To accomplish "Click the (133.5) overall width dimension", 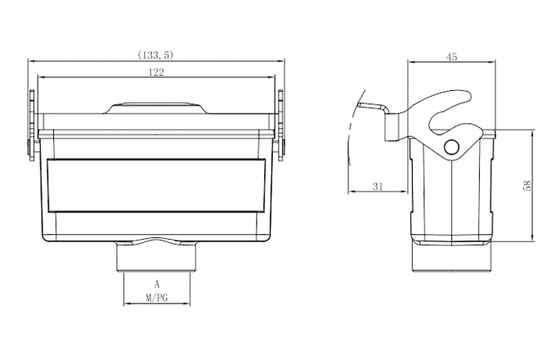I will (156, 55).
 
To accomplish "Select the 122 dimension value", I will (156, 73).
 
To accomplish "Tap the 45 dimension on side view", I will (451, 56).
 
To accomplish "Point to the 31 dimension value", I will (377, 187).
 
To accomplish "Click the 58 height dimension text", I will (527, 187).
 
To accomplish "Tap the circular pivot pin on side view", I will (451, 147).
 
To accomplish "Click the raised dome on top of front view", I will (156, 107).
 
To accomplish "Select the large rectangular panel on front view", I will (156, 185).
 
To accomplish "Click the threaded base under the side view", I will (451, 258).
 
